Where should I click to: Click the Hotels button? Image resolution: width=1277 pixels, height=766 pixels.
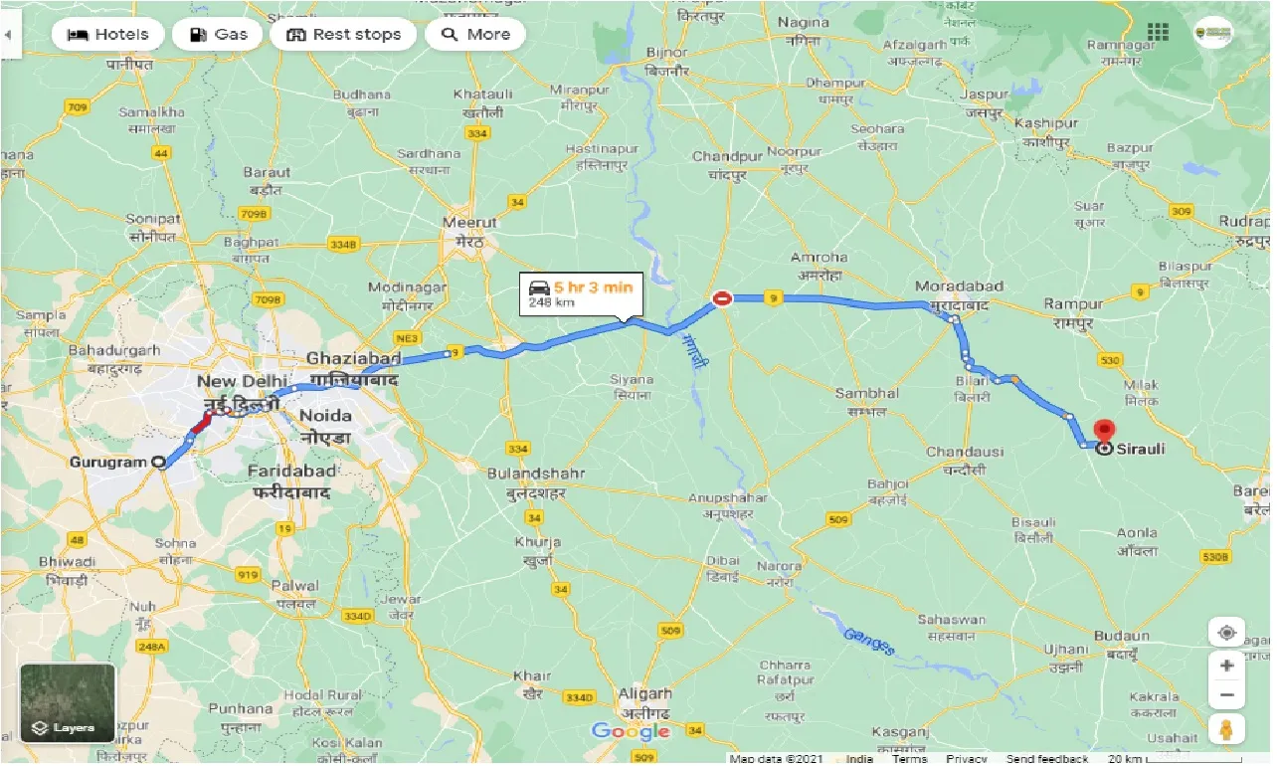(x=107, y=35)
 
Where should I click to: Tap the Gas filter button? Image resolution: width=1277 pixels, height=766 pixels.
(x=217, y=35)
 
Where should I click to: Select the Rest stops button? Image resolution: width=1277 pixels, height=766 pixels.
(x=343, y=35)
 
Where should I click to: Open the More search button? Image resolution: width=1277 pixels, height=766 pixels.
(x=475, y=35)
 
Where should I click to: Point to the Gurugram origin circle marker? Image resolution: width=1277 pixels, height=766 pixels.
(x=158, y=462)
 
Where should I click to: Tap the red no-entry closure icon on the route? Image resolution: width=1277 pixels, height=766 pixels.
(x=722, y=296)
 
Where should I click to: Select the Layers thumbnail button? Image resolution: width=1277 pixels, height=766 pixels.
(x=68, y=703)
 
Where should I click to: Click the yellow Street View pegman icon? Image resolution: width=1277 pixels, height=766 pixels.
(x=1226, y=728)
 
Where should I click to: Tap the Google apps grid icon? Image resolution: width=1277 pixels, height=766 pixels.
(x=1158, y=32)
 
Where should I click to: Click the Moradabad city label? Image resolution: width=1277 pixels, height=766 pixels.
(x=959, y=287)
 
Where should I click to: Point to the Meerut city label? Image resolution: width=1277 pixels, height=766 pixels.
(x=470, y=224)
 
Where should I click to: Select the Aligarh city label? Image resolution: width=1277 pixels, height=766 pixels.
(x=644, y=694)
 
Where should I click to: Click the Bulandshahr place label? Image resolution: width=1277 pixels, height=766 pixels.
(x=535, y=475)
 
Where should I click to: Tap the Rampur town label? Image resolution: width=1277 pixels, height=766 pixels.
(x=1068, y=303)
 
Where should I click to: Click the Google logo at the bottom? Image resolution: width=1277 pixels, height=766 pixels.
(x=632, y=732)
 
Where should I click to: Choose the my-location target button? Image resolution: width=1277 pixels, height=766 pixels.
(x=1226, y=634)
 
